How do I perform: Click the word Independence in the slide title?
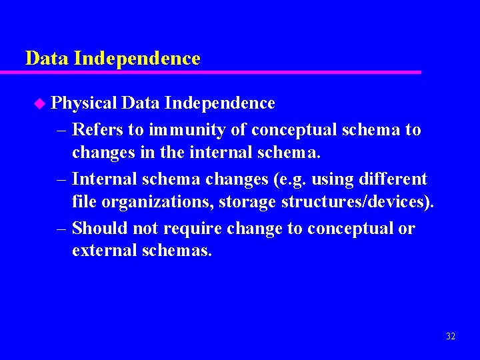click(137, 59)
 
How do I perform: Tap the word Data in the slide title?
click(47, 59)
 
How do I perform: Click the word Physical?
click(85, 103)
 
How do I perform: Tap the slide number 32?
click(451, 337)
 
